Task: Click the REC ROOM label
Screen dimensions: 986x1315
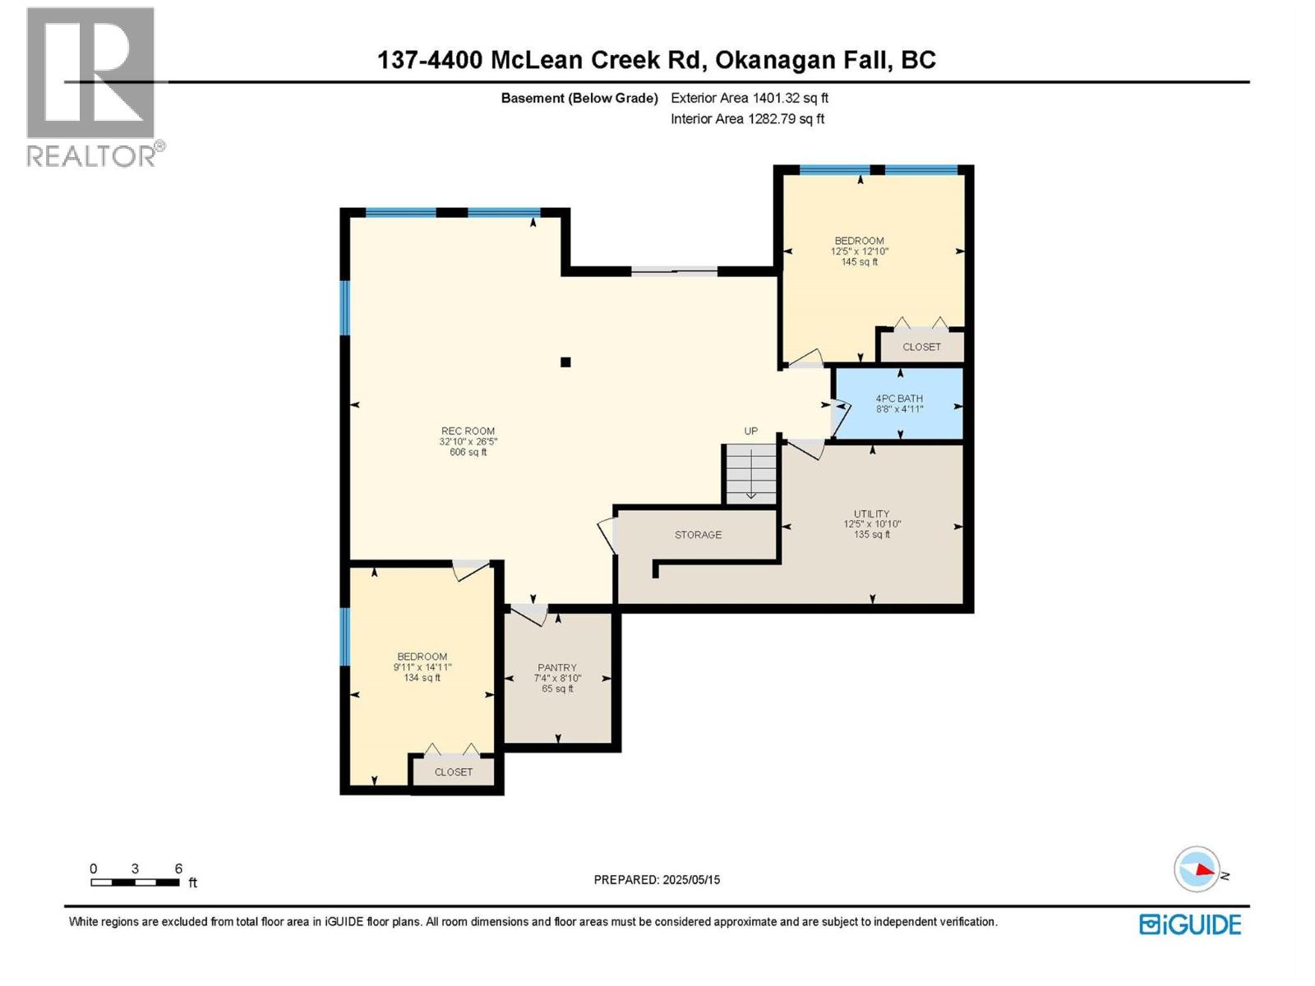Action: pyautogui.click(x=468, y=431)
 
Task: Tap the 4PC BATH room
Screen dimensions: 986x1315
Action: pyautogui.click(x=898, y=403)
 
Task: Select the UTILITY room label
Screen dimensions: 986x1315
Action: pyautogui.click(x=871, y=514)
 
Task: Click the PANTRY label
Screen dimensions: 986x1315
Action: pyautogui.click(x=557, y=668)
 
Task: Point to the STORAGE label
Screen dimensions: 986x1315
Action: pyautogui.click(x=698, y=535)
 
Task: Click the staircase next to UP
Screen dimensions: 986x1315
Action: pyautogui.click(x=750, y=473)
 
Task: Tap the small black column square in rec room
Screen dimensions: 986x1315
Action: pyautogui.click(x=565, y=362)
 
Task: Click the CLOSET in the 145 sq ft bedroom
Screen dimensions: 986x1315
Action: pyautogui.click(x=921, y=347)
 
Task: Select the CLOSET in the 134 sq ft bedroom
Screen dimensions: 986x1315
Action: pyautogui.click(x=454, y=772)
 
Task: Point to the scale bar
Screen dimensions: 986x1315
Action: pyautogui.click(x=135, y=882)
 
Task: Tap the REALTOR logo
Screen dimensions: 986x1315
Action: pyautogui.click(x=91, y=86)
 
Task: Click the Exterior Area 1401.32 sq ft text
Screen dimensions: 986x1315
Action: pyautogui.click(x=749, y=98)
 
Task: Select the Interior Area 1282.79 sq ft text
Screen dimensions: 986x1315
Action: pyautogui.click(x=747, y=119)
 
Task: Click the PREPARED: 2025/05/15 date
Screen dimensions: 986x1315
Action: pyautogui.click(x=657, y=880)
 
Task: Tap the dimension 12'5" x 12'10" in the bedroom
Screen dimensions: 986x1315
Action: pyautogui.click(x=860, y=251)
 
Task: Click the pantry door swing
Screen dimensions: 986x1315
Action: pyautogui.click(x=530, y=614)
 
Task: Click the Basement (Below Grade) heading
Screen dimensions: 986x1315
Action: pyautogui.click(x=579, y=98)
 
